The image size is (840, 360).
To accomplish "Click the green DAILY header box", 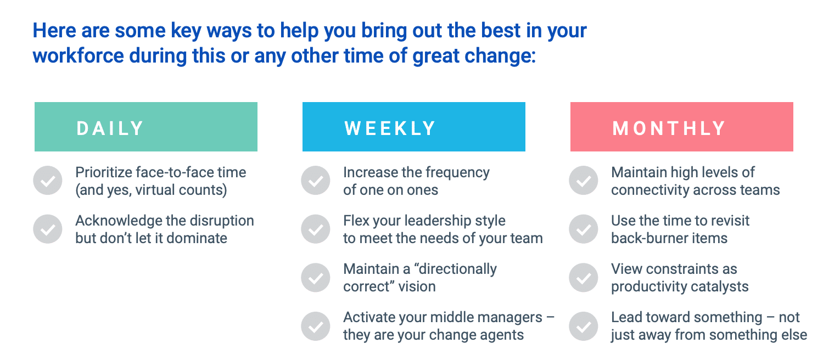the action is [146, 127].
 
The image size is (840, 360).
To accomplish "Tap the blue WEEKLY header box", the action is [413, 127].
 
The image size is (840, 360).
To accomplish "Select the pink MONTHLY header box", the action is [682, 127].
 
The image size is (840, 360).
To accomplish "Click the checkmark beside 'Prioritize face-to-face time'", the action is [48, 181].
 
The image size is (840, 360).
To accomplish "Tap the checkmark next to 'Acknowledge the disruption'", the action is [48, 229].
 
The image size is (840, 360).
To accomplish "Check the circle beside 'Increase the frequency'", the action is [315, 181].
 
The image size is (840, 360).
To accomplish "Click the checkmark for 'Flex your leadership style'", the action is [315, 229].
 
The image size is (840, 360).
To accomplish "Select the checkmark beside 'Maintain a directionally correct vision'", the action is [315, 278].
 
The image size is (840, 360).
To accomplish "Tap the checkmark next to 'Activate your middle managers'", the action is [315, 326].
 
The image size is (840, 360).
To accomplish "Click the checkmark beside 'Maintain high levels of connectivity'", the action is [584, 181].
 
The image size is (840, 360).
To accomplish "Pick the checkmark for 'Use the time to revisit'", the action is [584, 229].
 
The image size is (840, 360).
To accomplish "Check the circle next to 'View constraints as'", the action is [584, 278].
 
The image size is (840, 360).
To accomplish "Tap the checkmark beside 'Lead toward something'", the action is [584, 326].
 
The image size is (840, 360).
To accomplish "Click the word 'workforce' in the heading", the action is [78, 55].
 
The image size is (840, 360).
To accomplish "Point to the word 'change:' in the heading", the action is [500, 57].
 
